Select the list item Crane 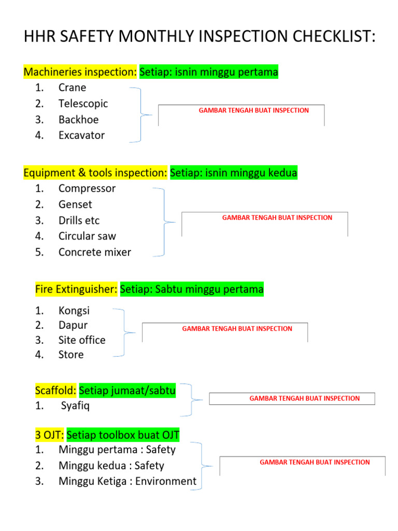72,88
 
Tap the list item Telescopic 83,104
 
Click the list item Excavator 81,135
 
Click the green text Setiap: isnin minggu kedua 234,173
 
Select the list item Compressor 87,188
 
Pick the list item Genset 75,204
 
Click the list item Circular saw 87,236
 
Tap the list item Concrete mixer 95,253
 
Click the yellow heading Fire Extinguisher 76,289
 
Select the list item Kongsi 74,311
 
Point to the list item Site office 82,340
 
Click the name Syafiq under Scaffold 75,406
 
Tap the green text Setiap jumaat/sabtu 127,390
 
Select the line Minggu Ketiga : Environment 127,481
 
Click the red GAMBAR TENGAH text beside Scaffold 304,398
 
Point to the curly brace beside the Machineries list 143,115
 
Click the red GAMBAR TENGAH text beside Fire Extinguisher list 237,329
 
